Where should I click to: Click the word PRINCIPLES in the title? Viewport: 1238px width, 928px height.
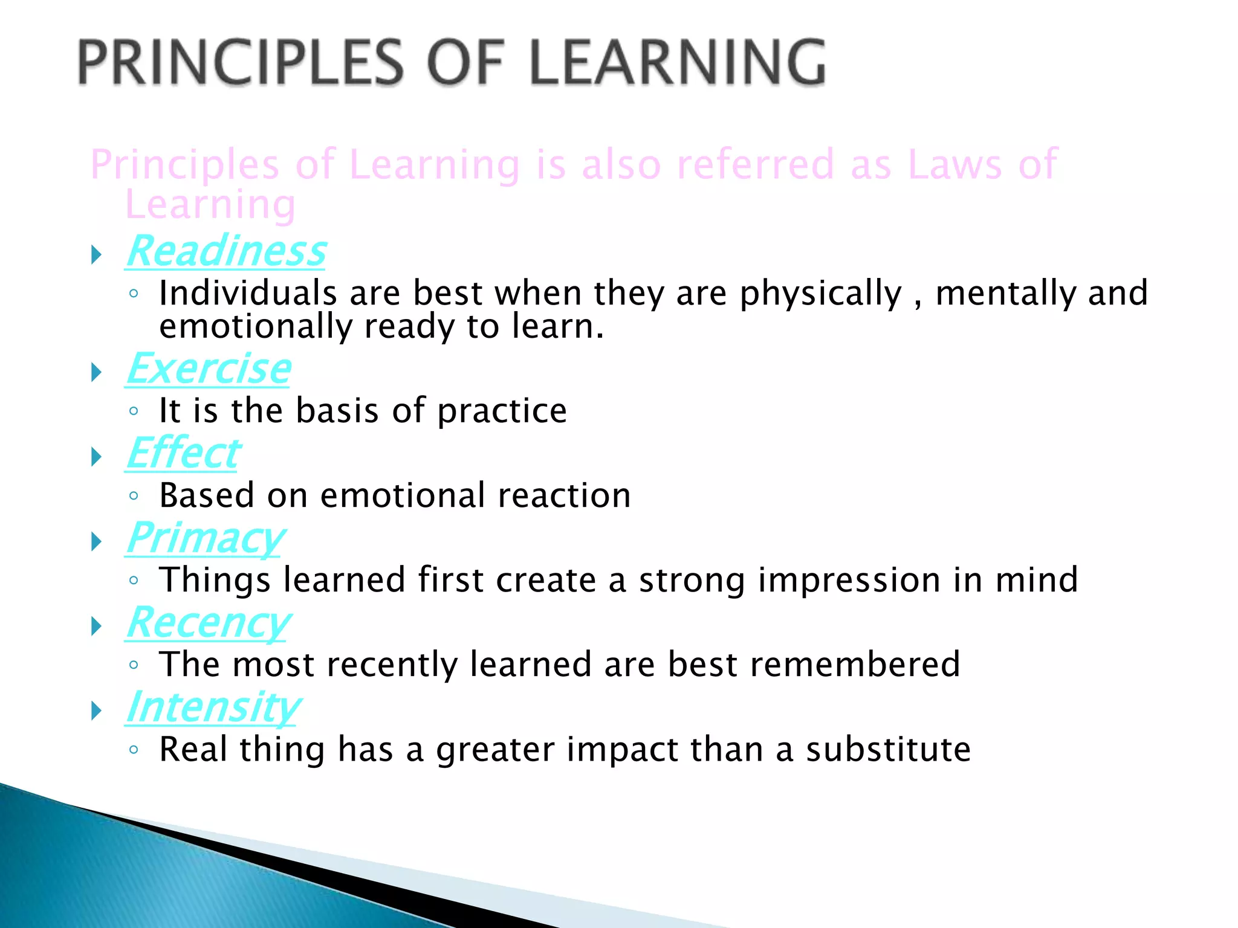point(241,63)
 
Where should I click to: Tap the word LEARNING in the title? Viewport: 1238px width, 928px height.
point(678,63)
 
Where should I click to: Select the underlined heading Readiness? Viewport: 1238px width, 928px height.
point(226,251)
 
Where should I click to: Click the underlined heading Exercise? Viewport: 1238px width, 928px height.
point(209,369)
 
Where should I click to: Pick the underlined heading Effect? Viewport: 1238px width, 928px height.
point(183,453)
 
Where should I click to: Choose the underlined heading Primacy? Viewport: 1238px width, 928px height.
point(205,538)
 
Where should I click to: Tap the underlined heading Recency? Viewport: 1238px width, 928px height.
point(209,622)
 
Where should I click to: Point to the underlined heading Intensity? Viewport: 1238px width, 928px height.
point(213,707)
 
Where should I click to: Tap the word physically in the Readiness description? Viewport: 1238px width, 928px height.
point(820,294)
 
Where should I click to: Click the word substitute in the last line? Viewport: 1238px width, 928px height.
point(888,750)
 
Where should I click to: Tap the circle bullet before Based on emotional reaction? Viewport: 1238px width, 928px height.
point(134,497)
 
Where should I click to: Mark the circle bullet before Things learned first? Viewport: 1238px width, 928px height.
point(134,581)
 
